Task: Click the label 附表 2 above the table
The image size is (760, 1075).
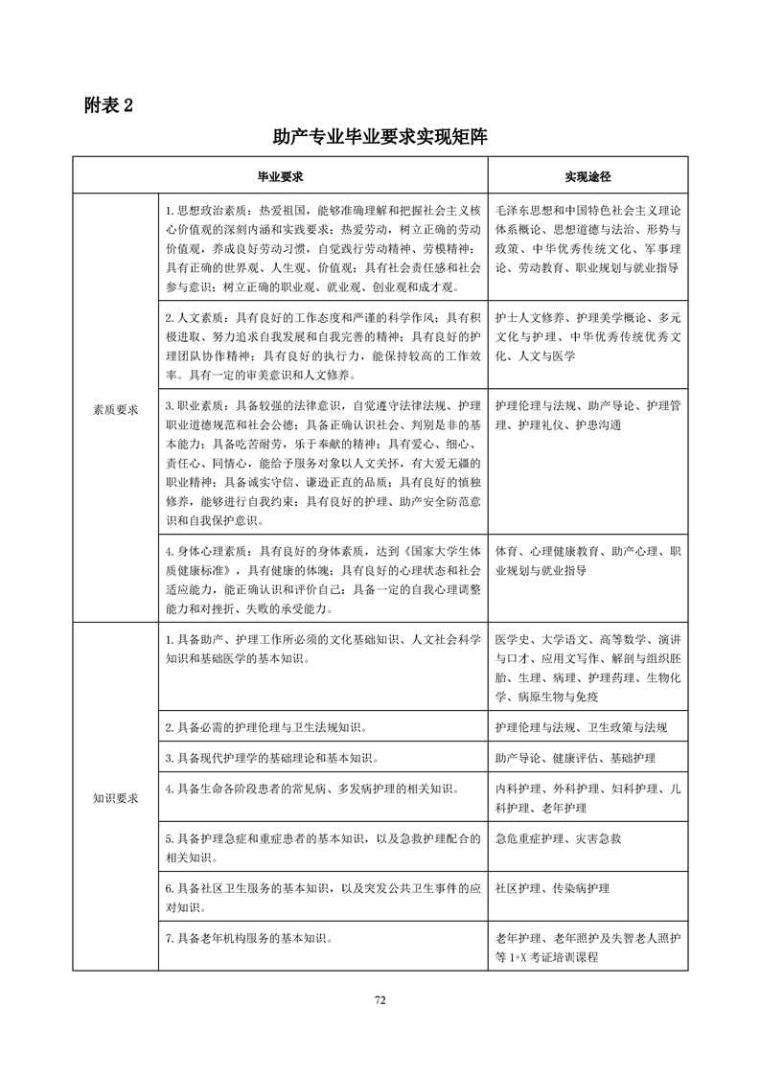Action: point(107,104)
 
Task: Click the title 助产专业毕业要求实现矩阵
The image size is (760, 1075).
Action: point(380,137)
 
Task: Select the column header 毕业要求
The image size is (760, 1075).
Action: point(280,177)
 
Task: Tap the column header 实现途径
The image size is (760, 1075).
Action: point(587,177)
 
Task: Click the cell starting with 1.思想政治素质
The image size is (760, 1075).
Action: point(322,247)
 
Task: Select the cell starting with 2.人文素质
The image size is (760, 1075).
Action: point(322,344)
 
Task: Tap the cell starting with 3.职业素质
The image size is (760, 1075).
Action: point(322,462)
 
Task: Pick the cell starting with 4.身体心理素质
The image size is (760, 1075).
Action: point(322,580)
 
